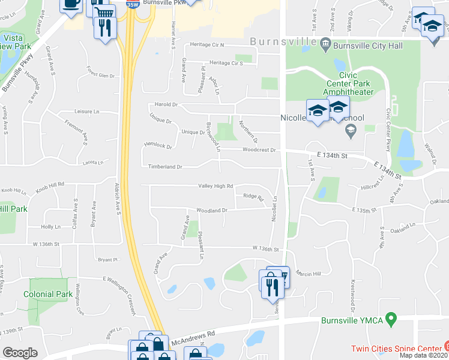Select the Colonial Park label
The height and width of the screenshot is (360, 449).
pyautogui.click(x=47, y=294)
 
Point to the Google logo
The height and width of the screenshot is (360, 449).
pyautogui.click(x=20, y=352)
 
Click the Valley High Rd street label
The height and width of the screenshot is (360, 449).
pyautogui.click(x=215, y=186)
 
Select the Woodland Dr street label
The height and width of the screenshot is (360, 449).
pyautogui.click(x=211, y=211)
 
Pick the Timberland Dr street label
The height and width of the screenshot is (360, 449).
pyautogui.click(x=161, y=167)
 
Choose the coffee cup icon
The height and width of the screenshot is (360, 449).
pyautogui.click(x=71, y=4)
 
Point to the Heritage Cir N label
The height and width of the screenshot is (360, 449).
pyautogui.click(x=206, y=45)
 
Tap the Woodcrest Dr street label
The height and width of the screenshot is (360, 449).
pyautogui.click(x=259, y=150)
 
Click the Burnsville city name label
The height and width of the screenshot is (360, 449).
pyautogui.click(x=283, y=42)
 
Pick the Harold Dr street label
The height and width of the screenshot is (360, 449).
pyautogui.click(x=166, y=104)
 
